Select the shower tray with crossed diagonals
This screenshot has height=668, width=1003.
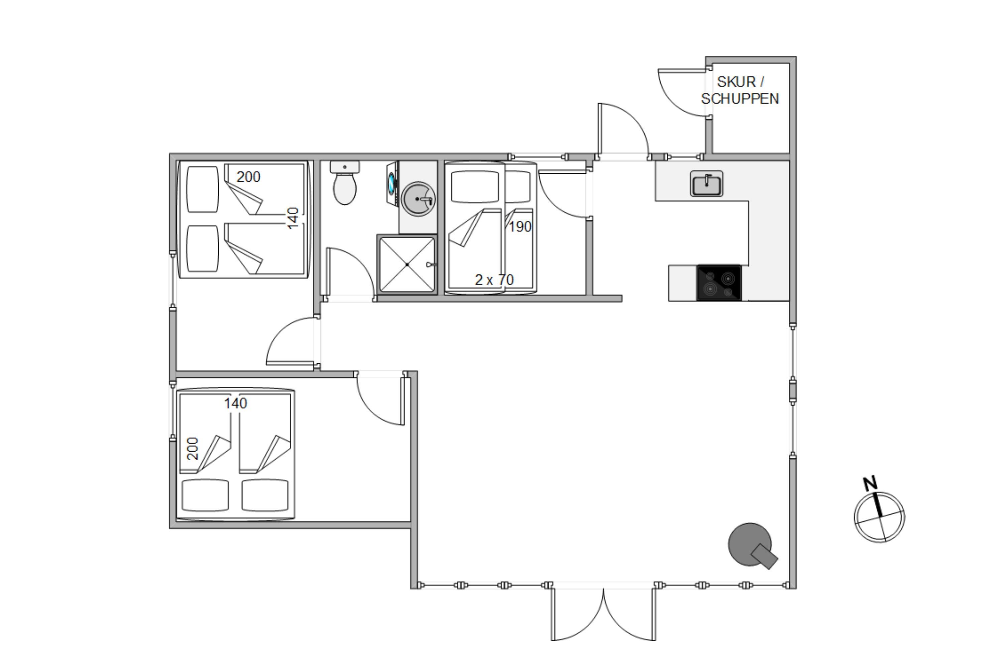click(x=407, y=265)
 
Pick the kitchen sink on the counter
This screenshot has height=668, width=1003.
click(x=707, y=184)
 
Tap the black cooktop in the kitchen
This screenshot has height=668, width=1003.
click(x=719, y=283)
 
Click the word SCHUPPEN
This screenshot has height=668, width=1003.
click(x=740, y=99)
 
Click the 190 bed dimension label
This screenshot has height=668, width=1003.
click(x=520, y=227)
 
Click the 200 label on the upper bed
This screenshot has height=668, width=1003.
click(x=248, y=177)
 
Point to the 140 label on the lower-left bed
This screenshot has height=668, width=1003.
click(x=235, y=403)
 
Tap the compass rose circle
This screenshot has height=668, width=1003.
click(x=879, y=517)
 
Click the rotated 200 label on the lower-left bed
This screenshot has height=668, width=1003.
click(x=193, y=449)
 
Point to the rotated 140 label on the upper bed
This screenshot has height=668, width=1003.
click(x=293, y=218)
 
